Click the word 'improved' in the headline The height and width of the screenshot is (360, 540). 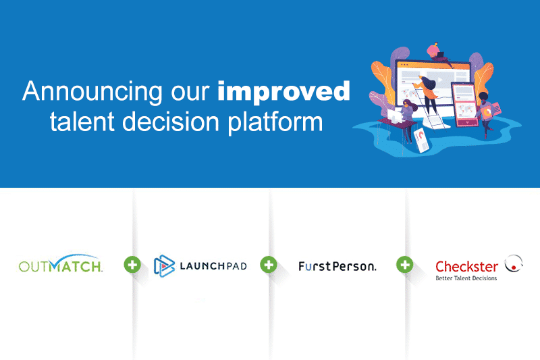click(x=283, y=93)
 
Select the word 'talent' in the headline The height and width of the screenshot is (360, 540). click(x=82, y=122)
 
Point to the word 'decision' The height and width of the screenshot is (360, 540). click(x=171, y=122)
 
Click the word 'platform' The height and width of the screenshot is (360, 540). click(x=275, y=122)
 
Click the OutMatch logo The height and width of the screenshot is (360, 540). click(x=61, y=264)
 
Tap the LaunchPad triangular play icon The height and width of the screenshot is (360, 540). click(x=164, y=266)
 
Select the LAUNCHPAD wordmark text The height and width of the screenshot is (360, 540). click(x=213, y=266)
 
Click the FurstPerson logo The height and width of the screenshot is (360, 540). click(x=337, y=266)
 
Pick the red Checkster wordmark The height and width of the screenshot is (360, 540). click(x=466, y=267)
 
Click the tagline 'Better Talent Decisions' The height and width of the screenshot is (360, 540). click(x=466, y=278)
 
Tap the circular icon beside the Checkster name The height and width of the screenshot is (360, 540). click(x=514, y=264)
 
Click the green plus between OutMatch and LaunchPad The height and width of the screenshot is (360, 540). click(x=132, y=265)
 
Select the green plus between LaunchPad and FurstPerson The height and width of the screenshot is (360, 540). click(x=269, y=265)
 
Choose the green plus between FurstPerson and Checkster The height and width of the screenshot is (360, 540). click(x=404, y=265)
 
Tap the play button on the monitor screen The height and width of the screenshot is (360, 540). click(x=440, y=80)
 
